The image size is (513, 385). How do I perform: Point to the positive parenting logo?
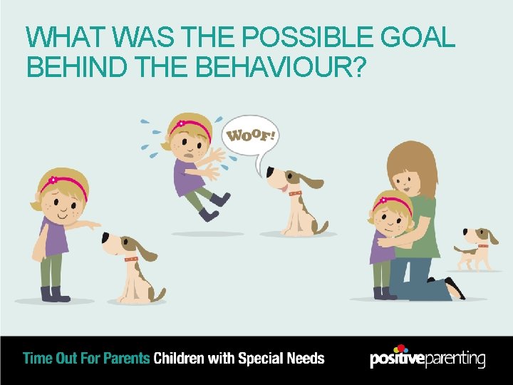pyautogui.click(x=427, y=358)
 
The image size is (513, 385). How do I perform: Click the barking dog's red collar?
pyautogui.click(x=295, y=193)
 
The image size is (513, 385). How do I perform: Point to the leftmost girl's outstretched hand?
pyautogui.click(x=93, y=225)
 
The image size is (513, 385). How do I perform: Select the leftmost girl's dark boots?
pyautogui.click(x=56, y=293)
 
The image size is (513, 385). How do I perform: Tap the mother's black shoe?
pyautogui.click(x=455, y=289)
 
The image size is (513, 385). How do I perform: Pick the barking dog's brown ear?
pyautogui.click(x=312, y=182)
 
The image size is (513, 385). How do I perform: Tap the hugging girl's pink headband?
pyautogui.click(x=395, y=198)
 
